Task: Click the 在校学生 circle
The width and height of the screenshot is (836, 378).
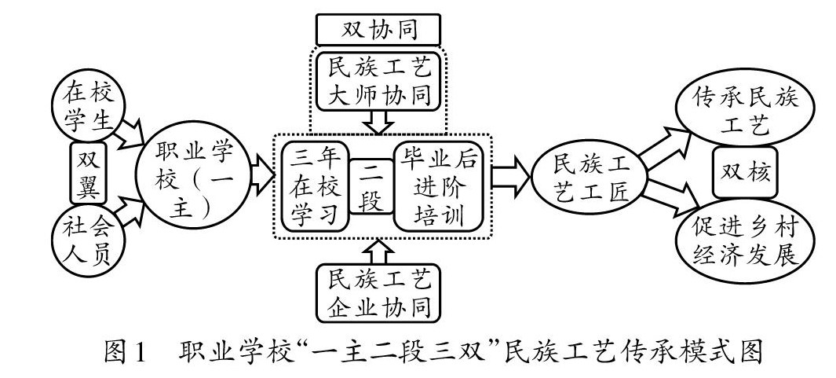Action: [86, 108]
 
